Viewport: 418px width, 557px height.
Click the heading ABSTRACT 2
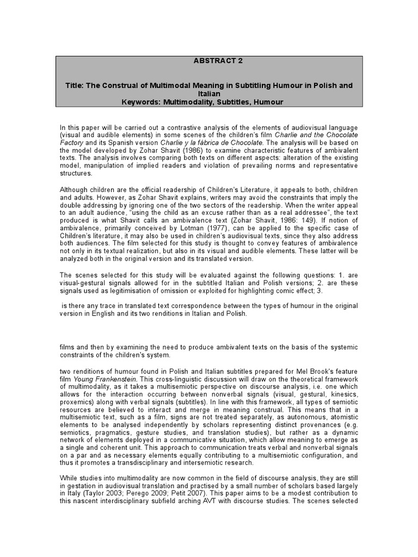click(209, 61)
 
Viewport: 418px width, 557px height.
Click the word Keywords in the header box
click(141, 102)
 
